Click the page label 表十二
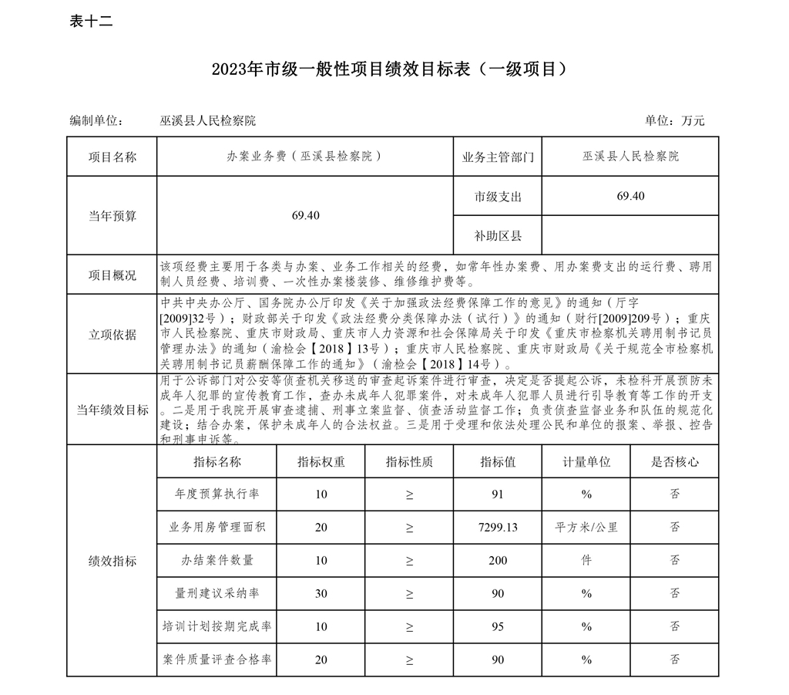[x=91, y=22]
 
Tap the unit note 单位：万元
[x=674, y=121]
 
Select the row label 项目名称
[x=112, y=157]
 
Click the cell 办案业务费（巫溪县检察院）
[x=304, y=157]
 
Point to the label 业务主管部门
[x=498, y=157]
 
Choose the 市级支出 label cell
[x=498, y=197]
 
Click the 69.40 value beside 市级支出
[x=630, y=196]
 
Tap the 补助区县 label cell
[x=498, y=235]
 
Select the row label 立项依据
[x=112, y=334]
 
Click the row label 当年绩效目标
[x=112, y=410]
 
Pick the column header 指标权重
[x=321, y=462]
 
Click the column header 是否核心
[x=675, y=462]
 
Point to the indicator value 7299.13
[x=498, y=528]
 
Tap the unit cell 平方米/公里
[x=586, y=528]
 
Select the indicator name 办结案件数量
[x=217, y=560]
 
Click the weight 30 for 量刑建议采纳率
[x=321, y=593]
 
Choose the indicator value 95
[x=498, y=626]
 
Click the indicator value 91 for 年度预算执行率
[x=498, y=494]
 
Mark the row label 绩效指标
[x=112, y=561]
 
